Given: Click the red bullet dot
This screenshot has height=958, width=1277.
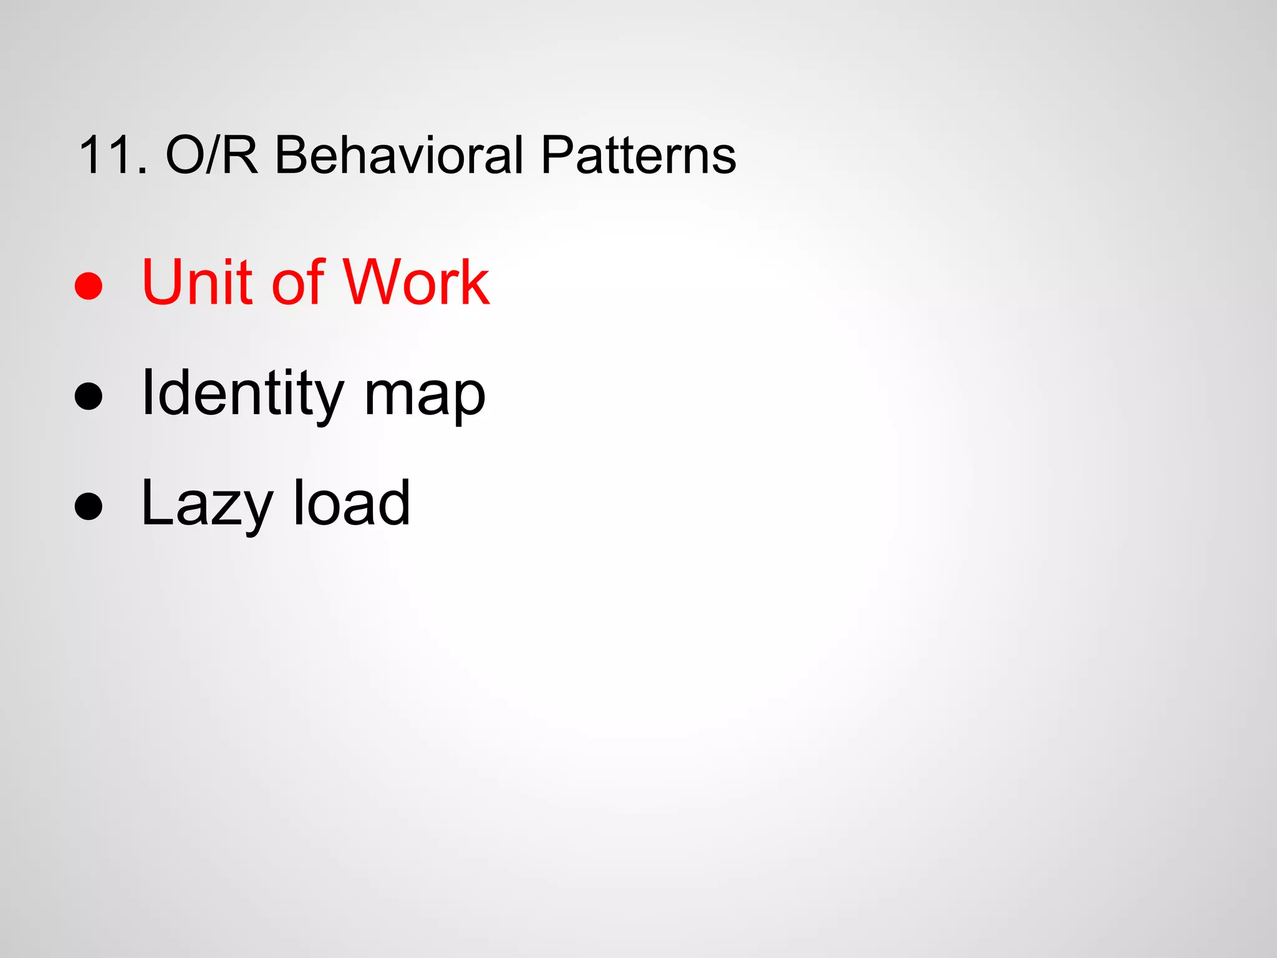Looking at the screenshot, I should click(88, 286).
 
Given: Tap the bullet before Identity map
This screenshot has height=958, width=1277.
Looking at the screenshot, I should click(88, 396).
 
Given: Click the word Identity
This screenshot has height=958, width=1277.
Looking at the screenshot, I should click(243, 394).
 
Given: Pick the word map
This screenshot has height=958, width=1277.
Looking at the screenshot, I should click(424, 399).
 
